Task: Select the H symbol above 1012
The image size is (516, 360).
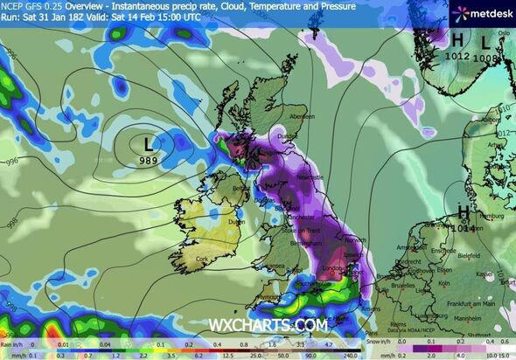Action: pyautogui.click(x=457, y=39)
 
